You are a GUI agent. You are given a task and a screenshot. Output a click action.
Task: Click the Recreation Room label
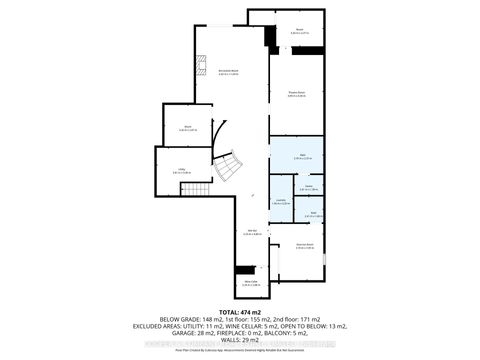228,71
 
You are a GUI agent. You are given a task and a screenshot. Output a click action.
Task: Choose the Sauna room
309,186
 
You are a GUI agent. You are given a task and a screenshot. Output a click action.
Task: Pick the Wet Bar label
254,234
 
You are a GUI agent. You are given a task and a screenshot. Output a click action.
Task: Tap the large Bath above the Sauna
297,154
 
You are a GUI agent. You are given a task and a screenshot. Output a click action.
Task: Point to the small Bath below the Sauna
312,213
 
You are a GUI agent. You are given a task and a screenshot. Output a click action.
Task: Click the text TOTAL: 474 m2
240,311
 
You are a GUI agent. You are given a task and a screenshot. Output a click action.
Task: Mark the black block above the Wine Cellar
245,270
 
